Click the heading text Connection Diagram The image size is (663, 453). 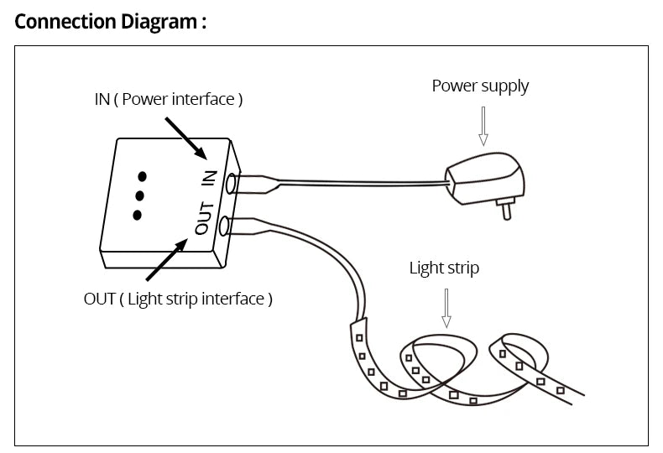tap(109, 21)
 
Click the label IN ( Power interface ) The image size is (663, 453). tap(168, 99)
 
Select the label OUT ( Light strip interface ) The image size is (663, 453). tap(178, 299)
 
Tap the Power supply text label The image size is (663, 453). tap(480, 86)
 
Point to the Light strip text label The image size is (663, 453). tap(444, 268)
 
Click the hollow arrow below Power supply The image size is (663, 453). tap(483, 126)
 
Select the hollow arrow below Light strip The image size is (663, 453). tap(446, 308)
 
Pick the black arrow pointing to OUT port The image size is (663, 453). tap(167, 259)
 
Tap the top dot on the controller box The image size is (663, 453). tap(143, 176)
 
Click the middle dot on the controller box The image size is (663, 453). tap(139, 195)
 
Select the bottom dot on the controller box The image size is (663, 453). tap(137, 215)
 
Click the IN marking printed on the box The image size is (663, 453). tap(210, 178)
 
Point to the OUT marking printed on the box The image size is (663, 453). tap(204, 218)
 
